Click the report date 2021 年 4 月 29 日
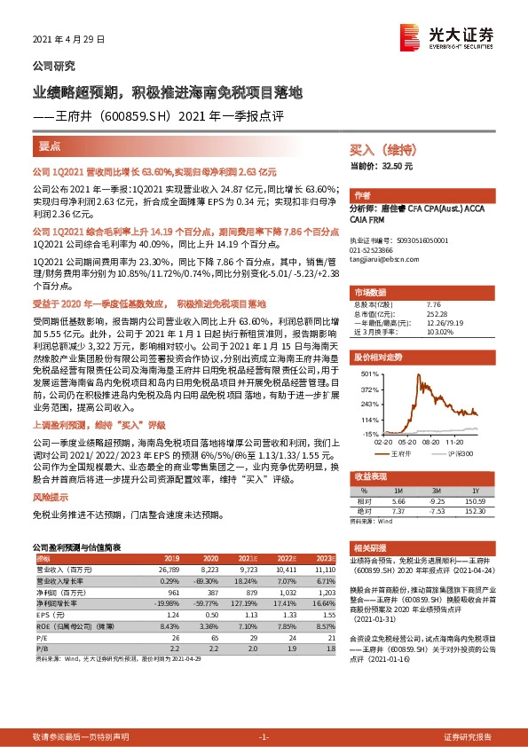tap(69, 40)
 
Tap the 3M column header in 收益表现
tap(433, 490)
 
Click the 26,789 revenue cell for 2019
tap(169, 570)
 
